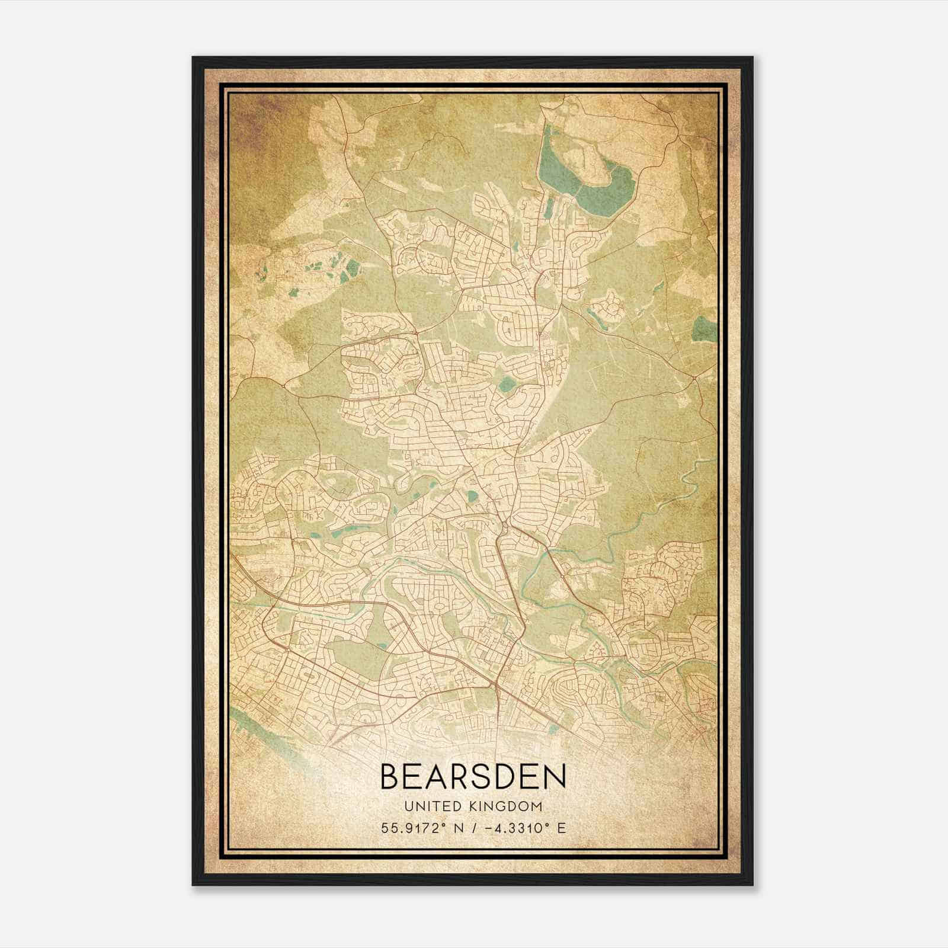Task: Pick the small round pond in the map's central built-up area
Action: tap(507, 386)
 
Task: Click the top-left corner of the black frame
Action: tap(194, 58)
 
